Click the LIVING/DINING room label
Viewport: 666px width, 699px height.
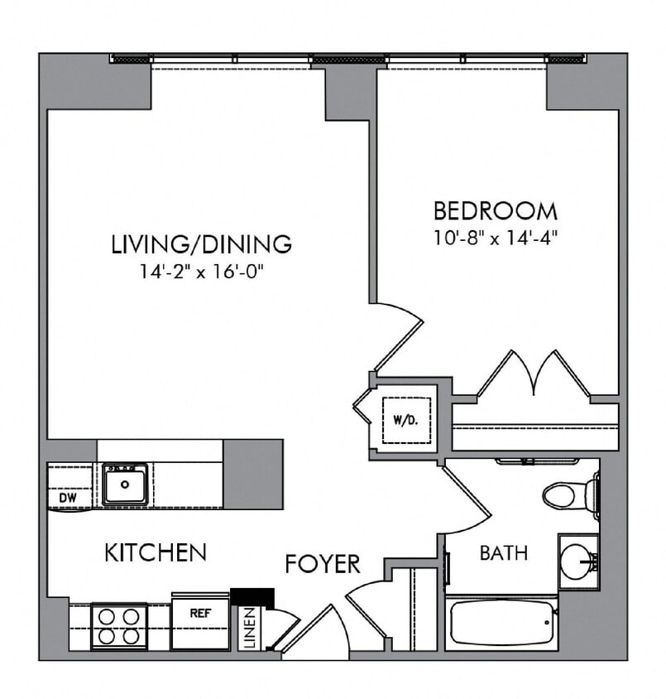click(201, 244)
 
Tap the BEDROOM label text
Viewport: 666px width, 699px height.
click(496, 210)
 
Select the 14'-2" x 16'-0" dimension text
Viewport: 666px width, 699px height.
click(201, 271)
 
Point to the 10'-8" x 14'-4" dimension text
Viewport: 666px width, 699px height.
click(496, 238)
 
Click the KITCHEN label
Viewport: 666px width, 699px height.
click(155, 552)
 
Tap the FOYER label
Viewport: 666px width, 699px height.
click(323, 564)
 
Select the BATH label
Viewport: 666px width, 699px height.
click(503, 552)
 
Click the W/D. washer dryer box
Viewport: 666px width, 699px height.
click(403, 420)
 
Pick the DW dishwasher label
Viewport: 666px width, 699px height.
click(68, 497)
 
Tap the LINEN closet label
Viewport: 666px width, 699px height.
click(251, 628)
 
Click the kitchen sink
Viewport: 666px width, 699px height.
click(125, 484)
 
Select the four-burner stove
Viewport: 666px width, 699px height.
click(119, 626)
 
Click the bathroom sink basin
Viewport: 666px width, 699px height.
click(577, 562)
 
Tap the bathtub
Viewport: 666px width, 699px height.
click(500, 624)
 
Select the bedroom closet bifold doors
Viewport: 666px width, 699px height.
click(534, 375)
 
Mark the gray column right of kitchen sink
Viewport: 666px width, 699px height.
click(252, 474)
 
